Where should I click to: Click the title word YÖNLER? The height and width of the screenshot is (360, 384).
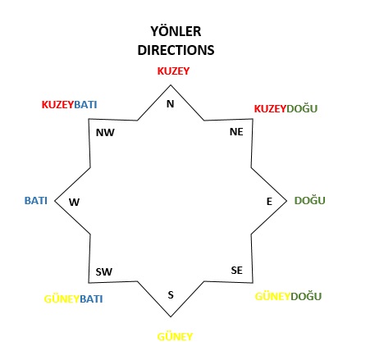(176, 31)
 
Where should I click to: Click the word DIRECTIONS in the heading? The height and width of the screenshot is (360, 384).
(176, 50)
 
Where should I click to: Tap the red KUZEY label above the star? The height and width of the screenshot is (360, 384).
(173, 71)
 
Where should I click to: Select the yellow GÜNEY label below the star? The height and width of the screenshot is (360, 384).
(175, 336)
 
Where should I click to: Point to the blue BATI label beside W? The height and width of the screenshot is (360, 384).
(36, 201)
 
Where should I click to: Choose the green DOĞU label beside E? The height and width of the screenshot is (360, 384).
(309, 200)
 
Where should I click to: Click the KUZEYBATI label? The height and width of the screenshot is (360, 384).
(69, 104)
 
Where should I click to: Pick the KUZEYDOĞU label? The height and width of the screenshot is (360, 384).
(286, 108)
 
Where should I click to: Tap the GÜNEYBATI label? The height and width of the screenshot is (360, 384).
(73, 298)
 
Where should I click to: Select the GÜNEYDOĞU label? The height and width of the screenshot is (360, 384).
(288, 296)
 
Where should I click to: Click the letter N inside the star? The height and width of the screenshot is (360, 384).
(170, 104)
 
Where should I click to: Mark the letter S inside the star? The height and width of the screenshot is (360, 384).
(171, 294)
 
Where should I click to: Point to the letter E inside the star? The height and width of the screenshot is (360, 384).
(269, 202)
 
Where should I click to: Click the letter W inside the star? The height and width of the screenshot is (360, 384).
(74, 203)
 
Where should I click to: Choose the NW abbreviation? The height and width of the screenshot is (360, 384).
(105, 133)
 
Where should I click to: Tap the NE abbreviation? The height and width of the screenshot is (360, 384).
(236, 132)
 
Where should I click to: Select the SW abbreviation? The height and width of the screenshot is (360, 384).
(104, 271)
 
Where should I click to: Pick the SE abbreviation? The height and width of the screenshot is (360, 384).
(237, 271)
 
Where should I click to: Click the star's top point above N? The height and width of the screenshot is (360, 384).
(171, 85)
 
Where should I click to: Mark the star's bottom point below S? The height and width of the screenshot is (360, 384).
(171, 317)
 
